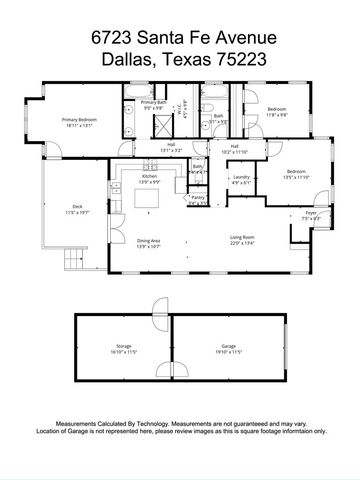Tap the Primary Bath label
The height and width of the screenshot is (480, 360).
click(153, 103)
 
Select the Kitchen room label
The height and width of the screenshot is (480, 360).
click(148, 178)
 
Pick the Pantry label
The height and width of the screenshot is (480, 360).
click(197, 198)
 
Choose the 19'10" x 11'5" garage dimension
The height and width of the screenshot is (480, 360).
click(229, 352)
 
